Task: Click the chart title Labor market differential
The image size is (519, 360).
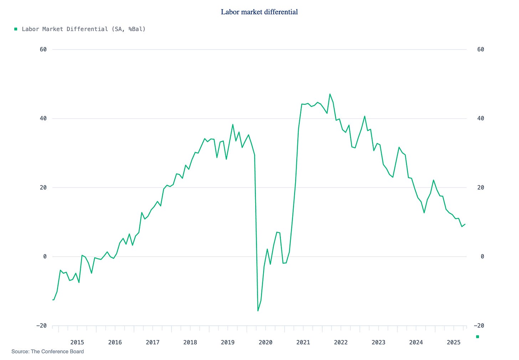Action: click(259, 12)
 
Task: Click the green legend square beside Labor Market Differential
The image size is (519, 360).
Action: click(16, 29)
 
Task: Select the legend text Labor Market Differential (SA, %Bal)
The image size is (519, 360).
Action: click(84, 29)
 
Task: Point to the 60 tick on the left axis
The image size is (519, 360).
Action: click(43, 50)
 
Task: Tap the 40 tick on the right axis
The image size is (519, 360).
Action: click(481, 118)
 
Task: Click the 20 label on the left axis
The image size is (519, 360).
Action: click(43, 187)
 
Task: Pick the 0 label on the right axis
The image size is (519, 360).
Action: click(482, 257)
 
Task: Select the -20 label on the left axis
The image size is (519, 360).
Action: click(41, 326)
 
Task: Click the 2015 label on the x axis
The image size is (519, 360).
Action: click(77, 343)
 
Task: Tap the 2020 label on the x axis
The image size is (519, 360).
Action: click(265, 343)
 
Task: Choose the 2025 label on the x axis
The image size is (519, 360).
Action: click(453, 343)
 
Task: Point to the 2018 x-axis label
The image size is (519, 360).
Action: click(190, 343)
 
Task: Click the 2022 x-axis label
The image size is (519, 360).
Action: click(340, 343)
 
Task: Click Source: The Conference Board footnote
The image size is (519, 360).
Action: click(47, 352)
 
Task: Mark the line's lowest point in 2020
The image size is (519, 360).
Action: click(258, 311)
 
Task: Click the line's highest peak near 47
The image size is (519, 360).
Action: click(330, 94)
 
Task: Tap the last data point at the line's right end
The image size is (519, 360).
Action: click(465, 224)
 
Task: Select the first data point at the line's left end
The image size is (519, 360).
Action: click(53, 300)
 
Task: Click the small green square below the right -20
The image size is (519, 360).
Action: click(478, 336)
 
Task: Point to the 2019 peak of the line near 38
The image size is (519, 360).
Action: click(233, 124)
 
